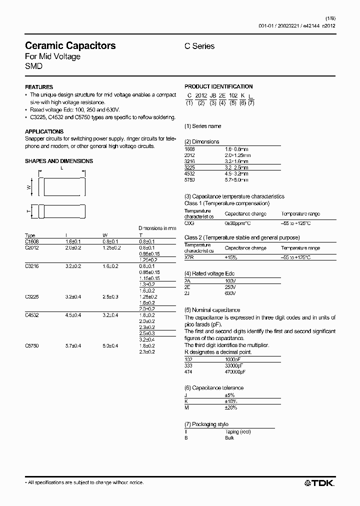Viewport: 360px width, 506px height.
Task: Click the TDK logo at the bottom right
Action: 319,482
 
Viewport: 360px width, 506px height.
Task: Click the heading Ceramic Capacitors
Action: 70,45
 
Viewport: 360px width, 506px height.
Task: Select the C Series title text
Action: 199,46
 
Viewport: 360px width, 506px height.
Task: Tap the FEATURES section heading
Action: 39,87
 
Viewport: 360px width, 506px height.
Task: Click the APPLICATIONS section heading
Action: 44,131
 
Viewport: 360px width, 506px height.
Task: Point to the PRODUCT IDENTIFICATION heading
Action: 218,86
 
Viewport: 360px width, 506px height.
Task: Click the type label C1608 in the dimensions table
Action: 31,241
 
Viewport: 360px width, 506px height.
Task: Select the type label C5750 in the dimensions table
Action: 31,346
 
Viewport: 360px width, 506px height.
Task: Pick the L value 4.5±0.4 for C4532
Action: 73,314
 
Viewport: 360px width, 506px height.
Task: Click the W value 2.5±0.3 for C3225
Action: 110,297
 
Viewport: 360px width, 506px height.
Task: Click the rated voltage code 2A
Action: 188,281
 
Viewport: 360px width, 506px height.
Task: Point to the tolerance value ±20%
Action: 231,407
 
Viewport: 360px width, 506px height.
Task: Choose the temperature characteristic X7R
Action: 189,257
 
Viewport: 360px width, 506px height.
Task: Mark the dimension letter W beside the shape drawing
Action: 29,187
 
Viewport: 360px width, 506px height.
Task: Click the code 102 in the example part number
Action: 233,95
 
